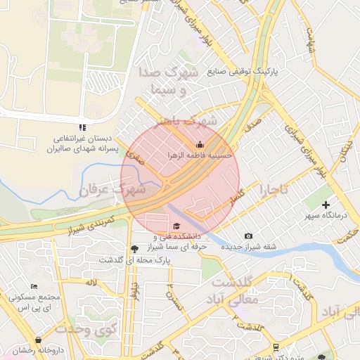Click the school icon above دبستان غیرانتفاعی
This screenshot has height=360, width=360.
pyautogui.click(x=82, y=128)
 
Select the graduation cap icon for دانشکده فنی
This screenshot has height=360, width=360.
pyautogui.click(x=176, y=226)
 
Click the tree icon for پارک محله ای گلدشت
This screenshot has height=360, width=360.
pyautogui.click(x=134, y=249)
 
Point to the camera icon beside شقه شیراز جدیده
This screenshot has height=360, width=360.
pyautogui.click(x=247, y=236)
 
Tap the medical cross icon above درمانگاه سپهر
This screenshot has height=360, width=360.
pyautogui.click(x=326, y=205)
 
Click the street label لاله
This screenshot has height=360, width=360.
pyautogui.click(x=91, y=283)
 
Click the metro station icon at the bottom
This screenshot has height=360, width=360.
pyautogui.click(x=276, y=347)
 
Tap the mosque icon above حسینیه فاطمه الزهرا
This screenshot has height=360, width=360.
pyautogui.click(x=199, y=144)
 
